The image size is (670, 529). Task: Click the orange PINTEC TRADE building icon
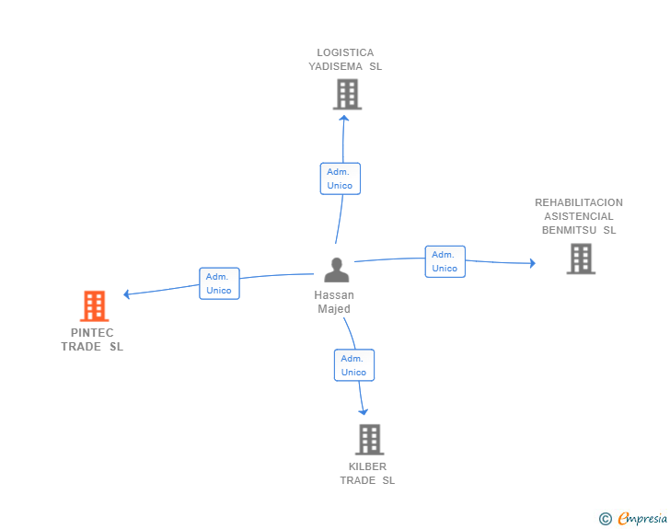tap(95, 306)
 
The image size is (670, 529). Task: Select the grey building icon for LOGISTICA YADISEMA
tap(347, 95)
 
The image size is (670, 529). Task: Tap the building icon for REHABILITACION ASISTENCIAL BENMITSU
tap(581, 259)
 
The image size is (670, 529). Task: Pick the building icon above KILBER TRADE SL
tap(370, 439)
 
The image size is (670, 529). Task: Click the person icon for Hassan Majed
tap(337, 270)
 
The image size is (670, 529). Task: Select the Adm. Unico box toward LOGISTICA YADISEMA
tap(341, 178)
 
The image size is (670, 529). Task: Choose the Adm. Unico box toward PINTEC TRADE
tap(219, 283)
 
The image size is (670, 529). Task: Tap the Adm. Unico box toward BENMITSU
tap(445, 261)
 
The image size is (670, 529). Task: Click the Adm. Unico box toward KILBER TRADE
tap(354, 365)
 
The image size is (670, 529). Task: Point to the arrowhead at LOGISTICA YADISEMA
tap(344, 118)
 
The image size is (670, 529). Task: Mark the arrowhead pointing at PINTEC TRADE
tap(126, 294)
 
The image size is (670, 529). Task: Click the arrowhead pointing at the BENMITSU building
tap(532, 263)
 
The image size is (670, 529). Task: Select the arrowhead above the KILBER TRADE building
tap(364, 412)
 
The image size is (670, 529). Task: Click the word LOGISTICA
tap(345, 52)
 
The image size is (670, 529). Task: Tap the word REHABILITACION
tap(579, 202)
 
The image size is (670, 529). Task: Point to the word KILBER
tap(367, 466)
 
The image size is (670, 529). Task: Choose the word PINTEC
tap(92, 333)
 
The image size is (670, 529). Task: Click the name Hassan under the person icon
tap(334, 295)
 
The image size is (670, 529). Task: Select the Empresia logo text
tap(642, 519)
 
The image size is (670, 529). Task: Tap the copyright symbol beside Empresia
tap(606, 519)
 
